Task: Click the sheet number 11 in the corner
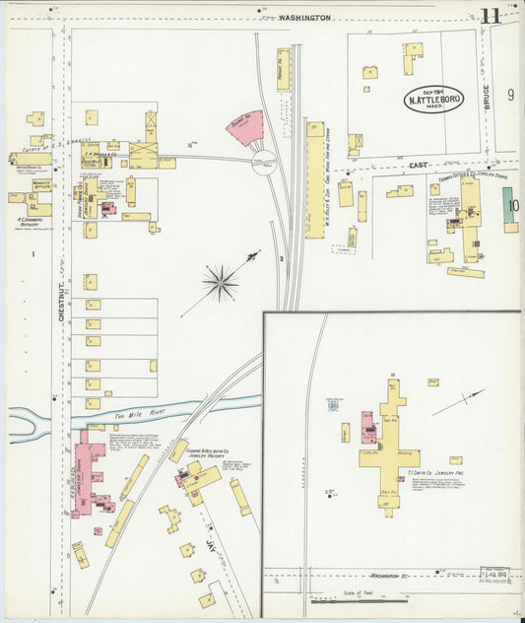coord(490,16)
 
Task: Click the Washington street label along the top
coord(304,17)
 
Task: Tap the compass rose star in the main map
coord(220,283)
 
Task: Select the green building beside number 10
coord(510,209)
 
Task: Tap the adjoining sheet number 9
coord(510,95)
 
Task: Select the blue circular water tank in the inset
coord(333,405)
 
